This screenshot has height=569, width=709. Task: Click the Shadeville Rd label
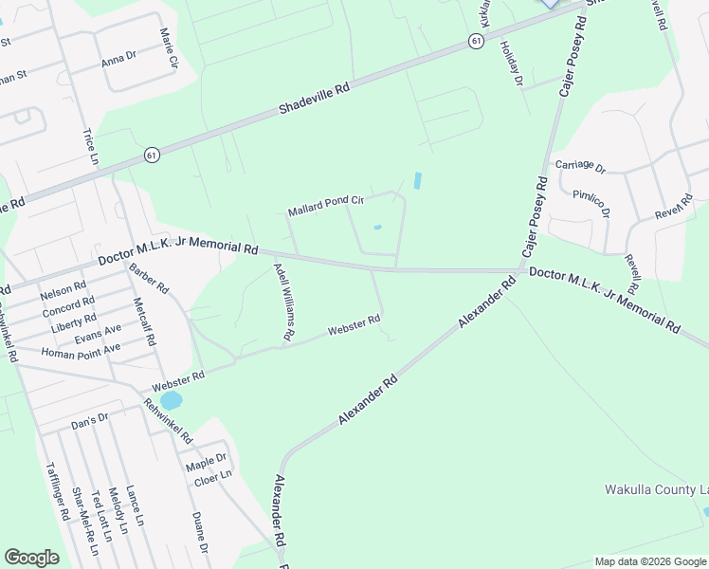coord(315,99)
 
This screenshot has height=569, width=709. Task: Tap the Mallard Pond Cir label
coord(326,206)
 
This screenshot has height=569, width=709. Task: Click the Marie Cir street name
coord(169,49)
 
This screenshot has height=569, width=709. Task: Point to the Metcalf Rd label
coord(143,323)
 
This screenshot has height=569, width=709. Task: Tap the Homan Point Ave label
coord(81,350)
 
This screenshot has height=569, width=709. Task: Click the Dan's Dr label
coord(90,419)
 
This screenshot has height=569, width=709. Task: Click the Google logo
coord(31,558)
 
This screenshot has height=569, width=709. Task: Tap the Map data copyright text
coord(649,561)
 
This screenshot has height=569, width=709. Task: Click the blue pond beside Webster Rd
coord(171,401)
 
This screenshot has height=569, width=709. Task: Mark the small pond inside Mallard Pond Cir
coord(378,227)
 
